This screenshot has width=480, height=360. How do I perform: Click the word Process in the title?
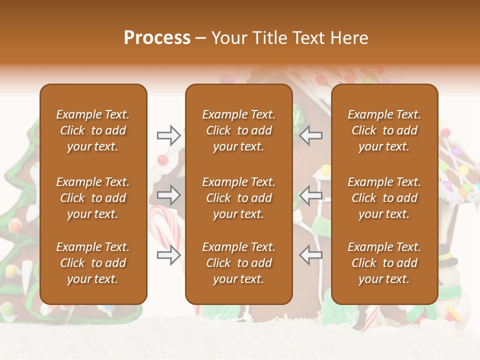[157, 38]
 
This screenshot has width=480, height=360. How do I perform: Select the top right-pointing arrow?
[168, 135]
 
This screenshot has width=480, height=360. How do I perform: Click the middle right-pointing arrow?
[168, 195]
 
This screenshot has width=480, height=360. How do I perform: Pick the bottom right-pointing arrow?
[168, 255]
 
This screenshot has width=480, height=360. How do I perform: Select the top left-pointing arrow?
[311, 135]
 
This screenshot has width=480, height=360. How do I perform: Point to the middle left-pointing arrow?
[311, 195]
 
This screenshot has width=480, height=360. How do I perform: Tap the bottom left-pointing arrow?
[311, 255]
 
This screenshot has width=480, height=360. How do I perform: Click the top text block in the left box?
[93, 130]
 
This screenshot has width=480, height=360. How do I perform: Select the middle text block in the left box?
[93, 198]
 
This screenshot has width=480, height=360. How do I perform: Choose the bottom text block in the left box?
[93, 263]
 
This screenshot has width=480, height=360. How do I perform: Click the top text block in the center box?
[238, 130]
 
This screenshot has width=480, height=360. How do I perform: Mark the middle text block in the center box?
[238, 198]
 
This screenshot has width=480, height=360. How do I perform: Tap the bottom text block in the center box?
[238, 263]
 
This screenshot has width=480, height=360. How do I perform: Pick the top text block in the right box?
[384, 130]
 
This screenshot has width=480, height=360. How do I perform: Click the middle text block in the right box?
[384, 198]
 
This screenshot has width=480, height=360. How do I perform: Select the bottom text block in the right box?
[384, 263]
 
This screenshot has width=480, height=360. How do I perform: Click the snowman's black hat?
[448, 260]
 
